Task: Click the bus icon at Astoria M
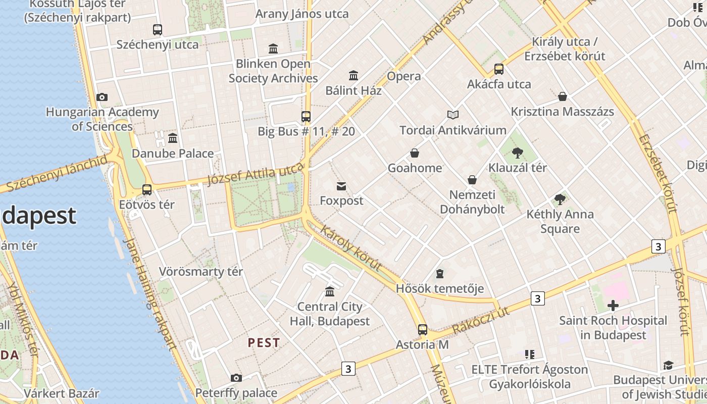(423, 330)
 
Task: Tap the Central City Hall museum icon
(330, 292)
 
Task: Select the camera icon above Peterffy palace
(236, 378)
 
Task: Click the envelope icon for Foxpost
(341, 186)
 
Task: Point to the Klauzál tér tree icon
(517, 153)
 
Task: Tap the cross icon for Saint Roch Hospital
(613, 306)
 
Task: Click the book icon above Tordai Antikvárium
(452, 115)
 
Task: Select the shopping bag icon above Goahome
(415, 153)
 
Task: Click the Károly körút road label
(350, 247)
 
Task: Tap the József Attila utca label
(256, 175)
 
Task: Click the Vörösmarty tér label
(201, 272)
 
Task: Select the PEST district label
(264, 343)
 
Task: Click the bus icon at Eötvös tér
(147, 190)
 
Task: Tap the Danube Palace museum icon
(173, 138)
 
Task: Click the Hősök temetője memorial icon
(440, 274)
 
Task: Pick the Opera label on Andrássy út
(403, 76)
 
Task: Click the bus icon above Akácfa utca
(499, 69)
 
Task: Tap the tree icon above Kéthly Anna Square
(560, 199)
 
